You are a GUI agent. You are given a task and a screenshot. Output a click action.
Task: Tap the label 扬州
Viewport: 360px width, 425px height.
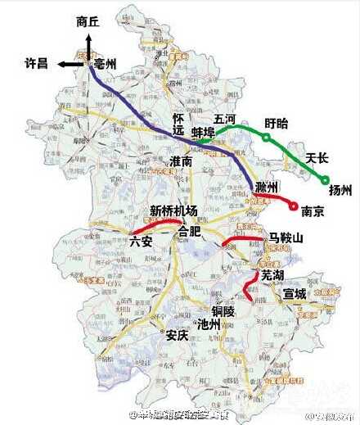click(x=339, y=191)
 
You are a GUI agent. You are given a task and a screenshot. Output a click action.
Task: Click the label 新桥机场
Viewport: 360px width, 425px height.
click(x=173, y=210)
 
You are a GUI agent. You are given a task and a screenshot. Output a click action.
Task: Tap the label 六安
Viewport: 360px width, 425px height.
click(x=141, y=242)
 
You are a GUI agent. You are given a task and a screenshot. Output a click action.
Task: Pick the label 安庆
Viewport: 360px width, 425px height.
click(x=177, y=334)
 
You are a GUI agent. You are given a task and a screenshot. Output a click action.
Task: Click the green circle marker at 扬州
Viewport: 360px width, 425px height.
click(x=325, y=180)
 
